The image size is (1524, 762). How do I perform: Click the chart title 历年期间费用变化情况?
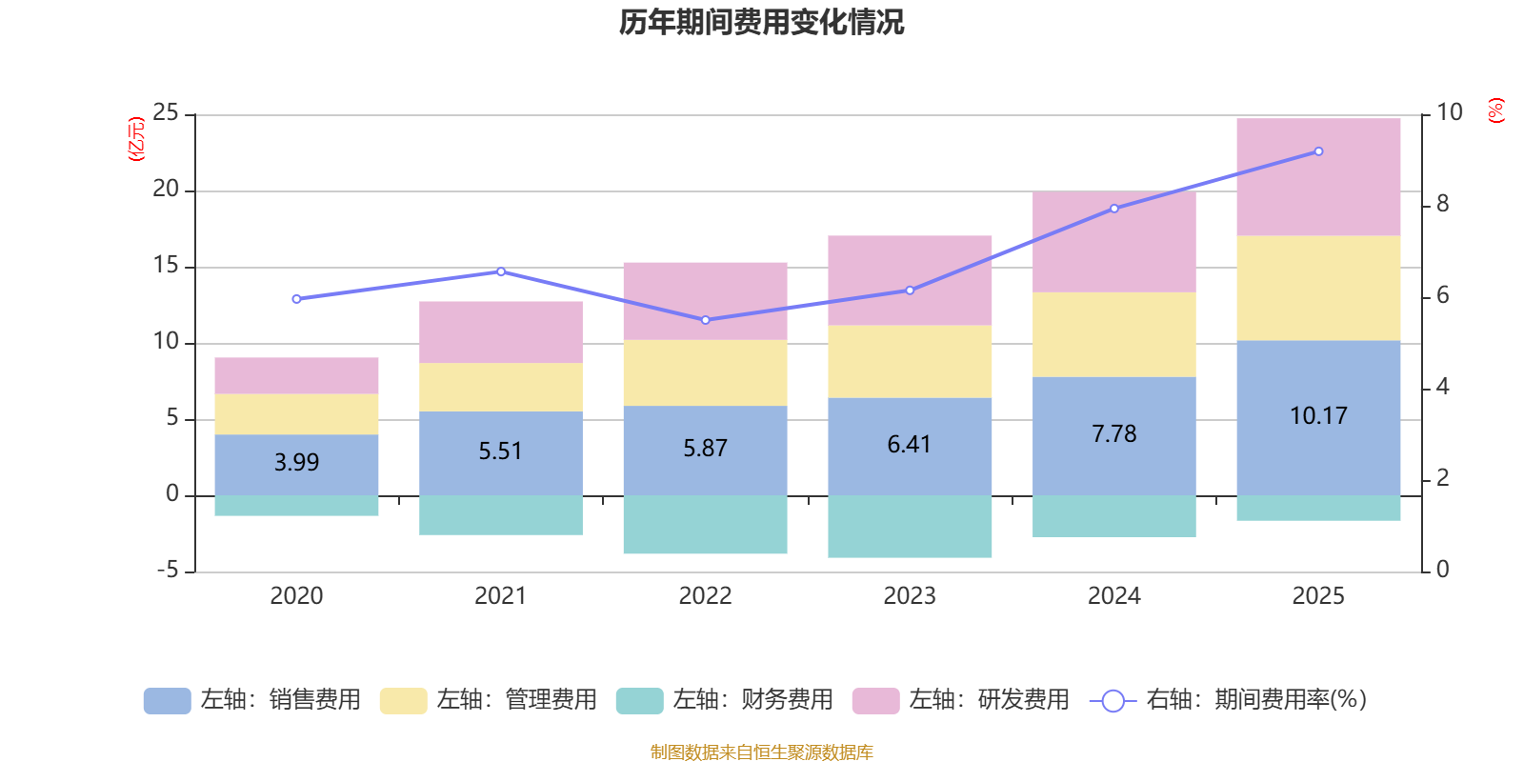coord(761,22)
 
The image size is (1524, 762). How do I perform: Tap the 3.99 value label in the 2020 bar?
coord(296,462)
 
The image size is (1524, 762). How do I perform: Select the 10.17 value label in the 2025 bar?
coord(1318,416)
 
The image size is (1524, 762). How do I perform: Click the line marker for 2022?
coord(705,320)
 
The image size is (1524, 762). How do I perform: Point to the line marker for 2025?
coord(1318,151)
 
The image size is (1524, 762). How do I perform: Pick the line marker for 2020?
coord(296,299)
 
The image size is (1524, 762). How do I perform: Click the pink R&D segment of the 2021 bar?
coord(501,332)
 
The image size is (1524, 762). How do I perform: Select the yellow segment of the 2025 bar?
coord(1318,288)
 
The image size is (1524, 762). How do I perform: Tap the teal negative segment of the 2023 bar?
coord(910,527)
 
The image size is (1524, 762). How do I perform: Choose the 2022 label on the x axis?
coord(705,596)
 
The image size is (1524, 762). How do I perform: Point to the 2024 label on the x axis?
coord(1114,596)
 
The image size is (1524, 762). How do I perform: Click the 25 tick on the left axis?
coord(166,113)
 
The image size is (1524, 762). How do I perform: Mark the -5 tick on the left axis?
coord(167,571)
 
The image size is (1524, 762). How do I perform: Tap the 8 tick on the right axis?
coord(1442,204)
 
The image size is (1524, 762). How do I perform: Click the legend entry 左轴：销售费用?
coord(252,700)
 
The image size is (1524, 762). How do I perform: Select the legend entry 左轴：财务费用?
coord(725,700)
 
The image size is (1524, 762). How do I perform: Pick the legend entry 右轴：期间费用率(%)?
coord(1229,700)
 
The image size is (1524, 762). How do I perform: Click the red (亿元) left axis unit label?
coord(137,139)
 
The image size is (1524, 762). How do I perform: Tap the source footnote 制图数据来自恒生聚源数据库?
coord(761,752)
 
